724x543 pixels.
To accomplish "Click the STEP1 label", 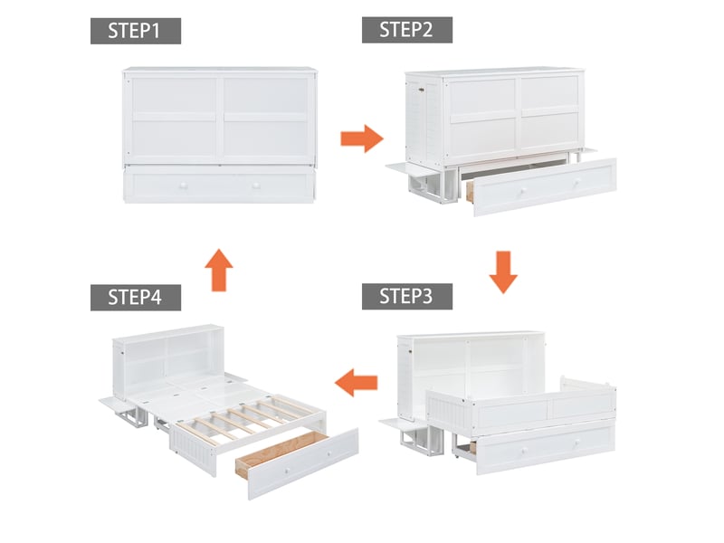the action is [135, 31].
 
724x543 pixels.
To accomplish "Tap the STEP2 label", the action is [406, 30].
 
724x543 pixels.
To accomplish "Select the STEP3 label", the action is [406, 297].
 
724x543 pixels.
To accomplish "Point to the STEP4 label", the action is [135, 298].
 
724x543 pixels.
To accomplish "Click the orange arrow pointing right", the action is [362, 138].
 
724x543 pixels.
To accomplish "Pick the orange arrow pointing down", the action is [503, 272].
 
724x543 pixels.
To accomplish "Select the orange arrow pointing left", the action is [356, 382].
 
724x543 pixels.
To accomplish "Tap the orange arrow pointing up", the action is [219, 270].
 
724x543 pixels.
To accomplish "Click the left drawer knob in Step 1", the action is [184, 186].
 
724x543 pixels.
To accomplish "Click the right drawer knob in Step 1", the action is [256, 186].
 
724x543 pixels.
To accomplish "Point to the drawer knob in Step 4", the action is [287, 471].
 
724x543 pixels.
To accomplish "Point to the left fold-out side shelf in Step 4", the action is [115, 404].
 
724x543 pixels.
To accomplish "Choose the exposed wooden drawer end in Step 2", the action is [471, 191].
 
